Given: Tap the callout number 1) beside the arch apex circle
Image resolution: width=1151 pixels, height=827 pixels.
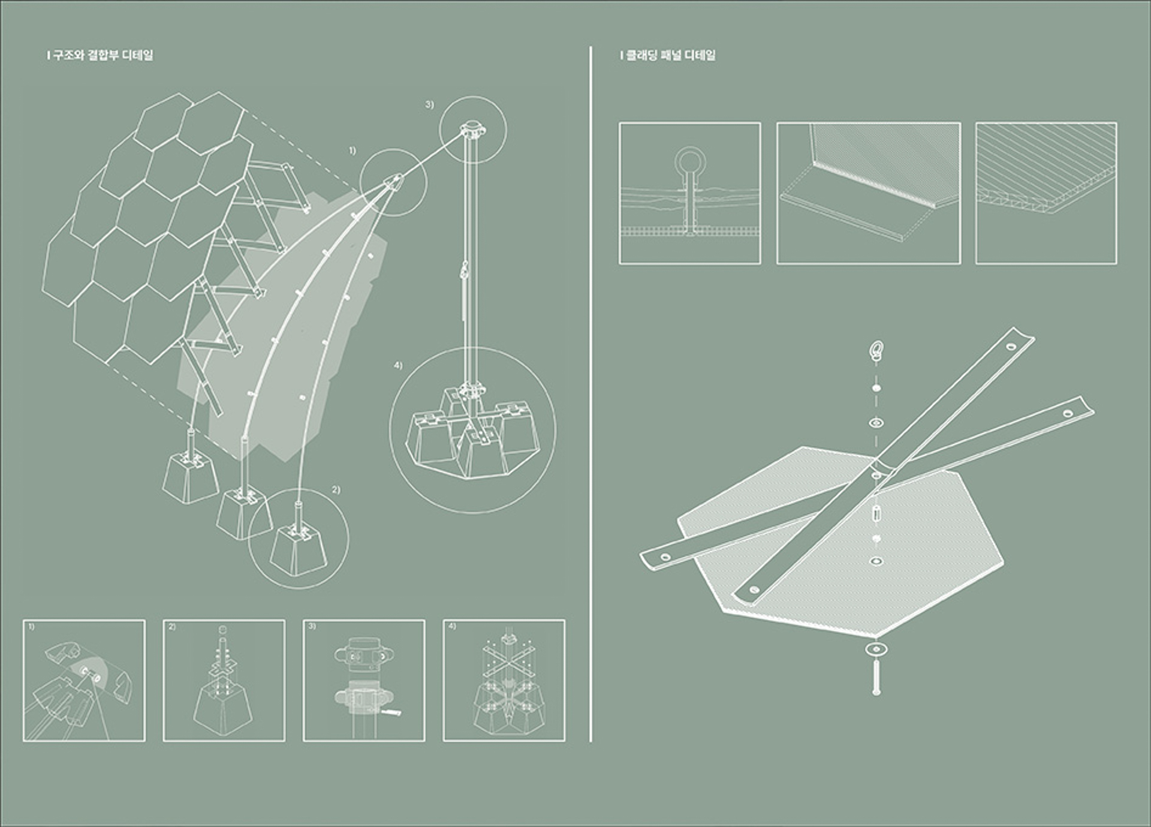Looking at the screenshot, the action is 352,151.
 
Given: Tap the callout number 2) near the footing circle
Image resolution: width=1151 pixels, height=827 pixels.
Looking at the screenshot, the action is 336,490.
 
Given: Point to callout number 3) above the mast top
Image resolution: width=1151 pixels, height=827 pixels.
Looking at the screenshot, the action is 429,104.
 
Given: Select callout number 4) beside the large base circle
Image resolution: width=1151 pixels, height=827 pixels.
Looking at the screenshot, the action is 398,365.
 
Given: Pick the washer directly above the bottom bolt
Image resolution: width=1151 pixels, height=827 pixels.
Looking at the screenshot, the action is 876,649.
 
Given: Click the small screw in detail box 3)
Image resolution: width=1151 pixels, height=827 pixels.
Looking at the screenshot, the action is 390,712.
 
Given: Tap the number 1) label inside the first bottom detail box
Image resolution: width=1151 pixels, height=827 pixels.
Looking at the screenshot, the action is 31,627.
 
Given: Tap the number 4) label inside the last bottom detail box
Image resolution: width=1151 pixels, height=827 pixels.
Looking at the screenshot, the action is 452,627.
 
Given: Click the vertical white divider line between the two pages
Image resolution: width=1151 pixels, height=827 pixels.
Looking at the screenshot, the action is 591,393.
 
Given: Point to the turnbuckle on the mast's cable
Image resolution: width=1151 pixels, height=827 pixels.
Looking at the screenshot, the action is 463,274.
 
